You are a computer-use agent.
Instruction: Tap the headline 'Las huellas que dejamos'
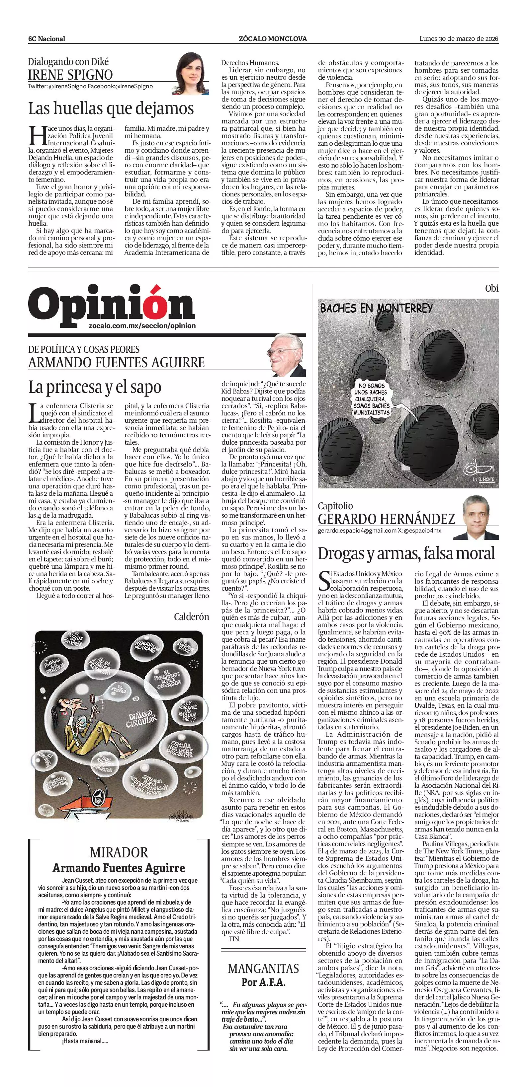coord(111,108)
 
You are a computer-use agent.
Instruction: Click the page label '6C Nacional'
coord(46,39)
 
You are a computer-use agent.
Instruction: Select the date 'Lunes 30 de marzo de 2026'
coord(459,38)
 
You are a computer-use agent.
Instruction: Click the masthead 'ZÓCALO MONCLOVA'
coord(273,39)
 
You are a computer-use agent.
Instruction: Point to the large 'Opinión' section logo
coord(112,304)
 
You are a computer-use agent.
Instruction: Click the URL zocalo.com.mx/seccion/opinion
coord(142,326)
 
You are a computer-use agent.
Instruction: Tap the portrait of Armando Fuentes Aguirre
coord(288,356)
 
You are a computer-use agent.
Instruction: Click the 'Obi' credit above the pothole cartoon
coord(491,289)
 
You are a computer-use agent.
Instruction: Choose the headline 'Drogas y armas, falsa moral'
coord(406,553)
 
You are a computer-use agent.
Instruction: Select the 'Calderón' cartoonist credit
coord(191,617)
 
